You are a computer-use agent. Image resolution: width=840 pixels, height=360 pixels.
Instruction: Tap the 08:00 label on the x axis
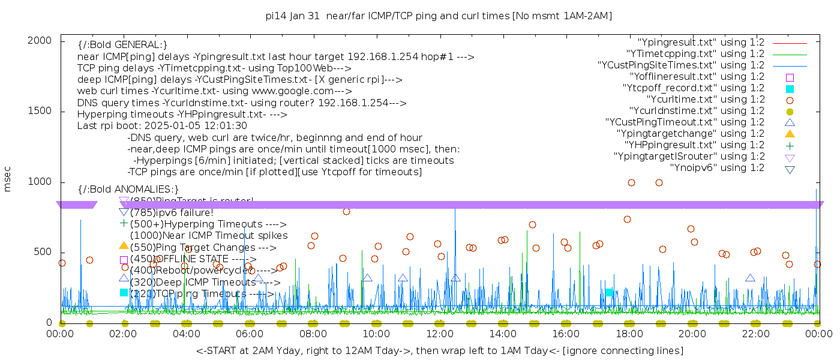click(313, 334)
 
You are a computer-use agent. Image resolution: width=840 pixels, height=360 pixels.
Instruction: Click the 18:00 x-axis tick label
click(628, 334)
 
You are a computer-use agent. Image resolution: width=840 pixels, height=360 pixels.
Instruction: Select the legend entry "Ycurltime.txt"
click(706, 100)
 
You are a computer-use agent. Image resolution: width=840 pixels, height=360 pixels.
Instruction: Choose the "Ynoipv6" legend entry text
click(717, 168)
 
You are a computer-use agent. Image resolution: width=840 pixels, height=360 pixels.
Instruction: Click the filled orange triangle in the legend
click(790, 134)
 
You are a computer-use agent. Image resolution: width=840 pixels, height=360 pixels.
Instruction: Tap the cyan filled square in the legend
click(790, 88)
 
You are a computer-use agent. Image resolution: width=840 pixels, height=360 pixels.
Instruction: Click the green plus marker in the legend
click(790, 145)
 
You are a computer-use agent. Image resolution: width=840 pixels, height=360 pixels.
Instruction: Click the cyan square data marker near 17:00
click(609, 292)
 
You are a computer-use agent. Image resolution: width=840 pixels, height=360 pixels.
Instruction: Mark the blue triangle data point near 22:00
click(750, 278)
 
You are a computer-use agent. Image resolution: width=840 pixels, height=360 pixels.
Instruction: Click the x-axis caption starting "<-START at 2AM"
click(439, 350)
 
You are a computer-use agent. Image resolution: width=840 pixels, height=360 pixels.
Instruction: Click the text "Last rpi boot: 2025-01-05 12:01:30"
click(162, 126)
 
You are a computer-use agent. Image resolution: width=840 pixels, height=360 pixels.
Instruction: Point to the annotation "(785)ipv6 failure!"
click(172, 212)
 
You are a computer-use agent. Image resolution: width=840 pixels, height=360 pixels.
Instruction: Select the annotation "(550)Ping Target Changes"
click(203, 247)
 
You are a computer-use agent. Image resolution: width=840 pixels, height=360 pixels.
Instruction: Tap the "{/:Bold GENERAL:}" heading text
click(122, 45)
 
